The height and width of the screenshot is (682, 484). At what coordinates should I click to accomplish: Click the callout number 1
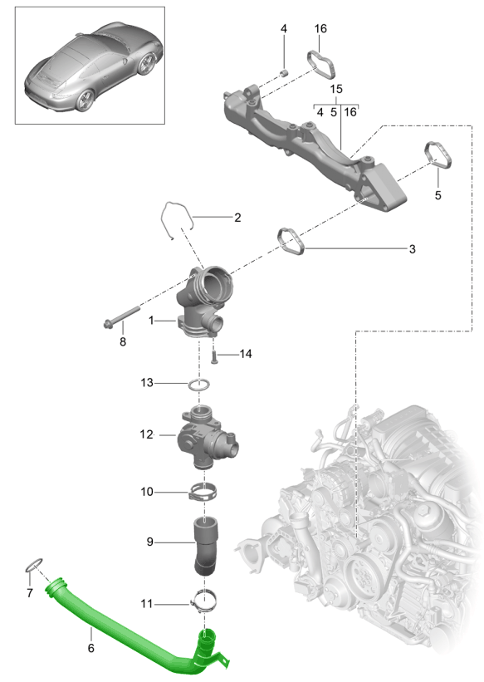coord(151,320)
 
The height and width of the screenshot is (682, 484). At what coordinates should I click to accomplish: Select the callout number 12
coord(145,434)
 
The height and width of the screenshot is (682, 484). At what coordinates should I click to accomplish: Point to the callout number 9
coord(149,543)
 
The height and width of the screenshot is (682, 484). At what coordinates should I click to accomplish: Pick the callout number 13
coord(146,383)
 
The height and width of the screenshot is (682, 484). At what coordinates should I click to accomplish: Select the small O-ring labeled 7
coord(33,566)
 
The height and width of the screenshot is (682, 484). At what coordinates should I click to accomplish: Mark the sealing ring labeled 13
coord(198,385)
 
